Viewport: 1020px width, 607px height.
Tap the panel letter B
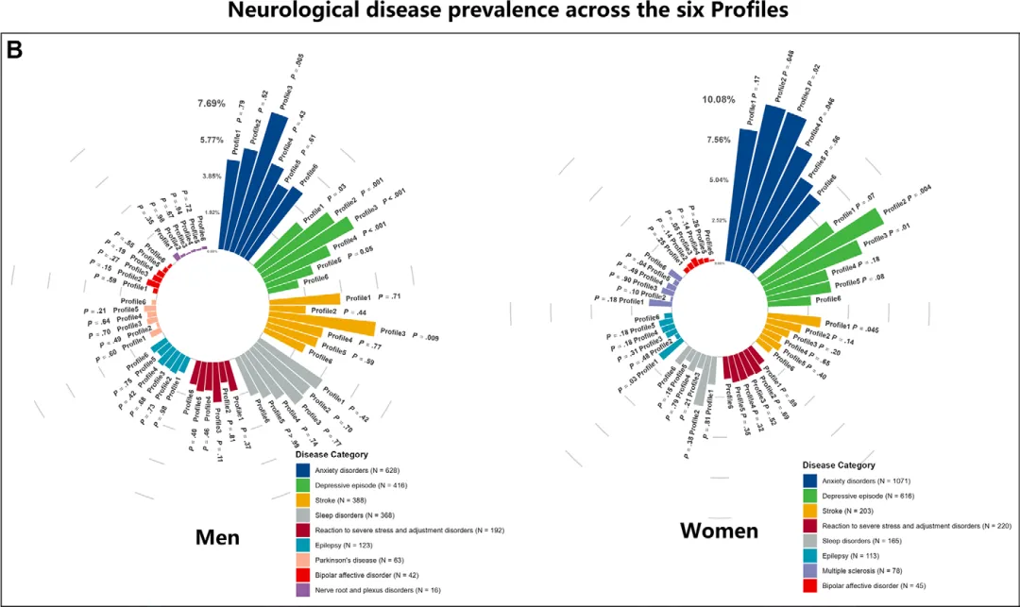(15, 49)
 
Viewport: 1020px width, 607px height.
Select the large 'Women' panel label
(719, 531)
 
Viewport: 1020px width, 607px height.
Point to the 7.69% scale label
(211, 103)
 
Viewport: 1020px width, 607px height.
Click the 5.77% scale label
(211, 140)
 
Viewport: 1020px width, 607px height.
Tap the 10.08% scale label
(718, 99)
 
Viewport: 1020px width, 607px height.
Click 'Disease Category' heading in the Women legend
(838, 464)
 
